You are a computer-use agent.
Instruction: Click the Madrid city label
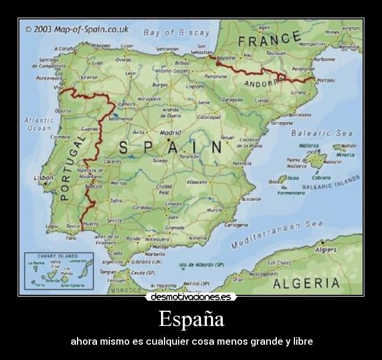click(170, 133)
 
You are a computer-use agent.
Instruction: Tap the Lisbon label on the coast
click(43, 177)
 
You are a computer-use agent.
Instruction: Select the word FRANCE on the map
click(270, 41)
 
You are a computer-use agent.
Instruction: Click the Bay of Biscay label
click(176, 33)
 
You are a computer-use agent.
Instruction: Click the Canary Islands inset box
click(58, 271)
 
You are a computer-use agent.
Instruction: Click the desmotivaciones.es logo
click(191, 297)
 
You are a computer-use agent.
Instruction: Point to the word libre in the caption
click(301, 341)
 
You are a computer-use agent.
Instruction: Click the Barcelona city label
click(300, 115)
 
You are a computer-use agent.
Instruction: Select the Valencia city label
click(242, 163)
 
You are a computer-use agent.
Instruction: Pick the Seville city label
click(115, 220)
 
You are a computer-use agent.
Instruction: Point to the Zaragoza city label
click(233, 100)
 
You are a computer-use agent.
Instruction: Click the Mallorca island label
click(309, 146)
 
